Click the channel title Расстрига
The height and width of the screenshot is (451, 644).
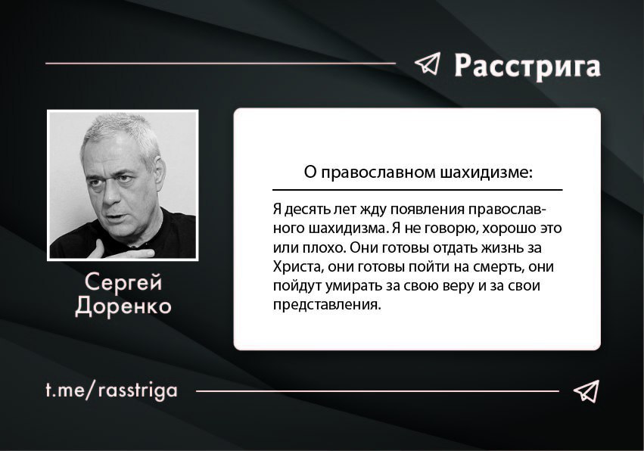tap(527, 66)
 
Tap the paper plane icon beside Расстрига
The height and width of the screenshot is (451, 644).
tap(427, 64)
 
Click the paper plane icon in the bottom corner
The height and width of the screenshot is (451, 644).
tap(586, 390)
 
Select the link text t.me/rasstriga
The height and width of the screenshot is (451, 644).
tap(111, 390)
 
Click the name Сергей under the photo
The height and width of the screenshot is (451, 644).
tap(123, 282)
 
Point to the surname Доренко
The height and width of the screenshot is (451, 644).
tap(123, 306)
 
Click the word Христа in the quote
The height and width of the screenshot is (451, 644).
tap(295, 266)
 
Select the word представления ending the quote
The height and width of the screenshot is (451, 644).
tap(325, 305)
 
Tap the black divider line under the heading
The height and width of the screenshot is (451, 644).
tap(417, 190)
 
